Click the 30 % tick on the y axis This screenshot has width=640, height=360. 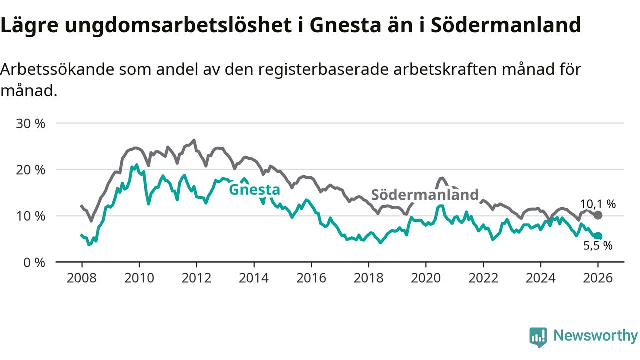click(31, 123)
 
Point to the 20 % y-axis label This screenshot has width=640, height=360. click(31, 170)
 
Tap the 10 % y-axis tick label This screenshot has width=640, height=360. click(31, 216)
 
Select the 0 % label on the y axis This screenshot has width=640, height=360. click(34, 262)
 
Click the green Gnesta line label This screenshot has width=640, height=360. click(254, 190)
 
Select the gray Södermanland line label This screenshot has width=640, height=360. click(424, 195)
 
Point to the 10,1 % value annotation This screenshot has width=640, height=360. click(598, 204)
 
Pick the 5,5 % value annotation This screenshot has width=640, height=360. click(598, 245)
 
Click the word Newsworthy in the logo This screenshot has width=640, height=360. click(595, 336)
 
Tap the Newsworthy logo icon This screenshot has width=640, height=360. click(538, 337)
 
